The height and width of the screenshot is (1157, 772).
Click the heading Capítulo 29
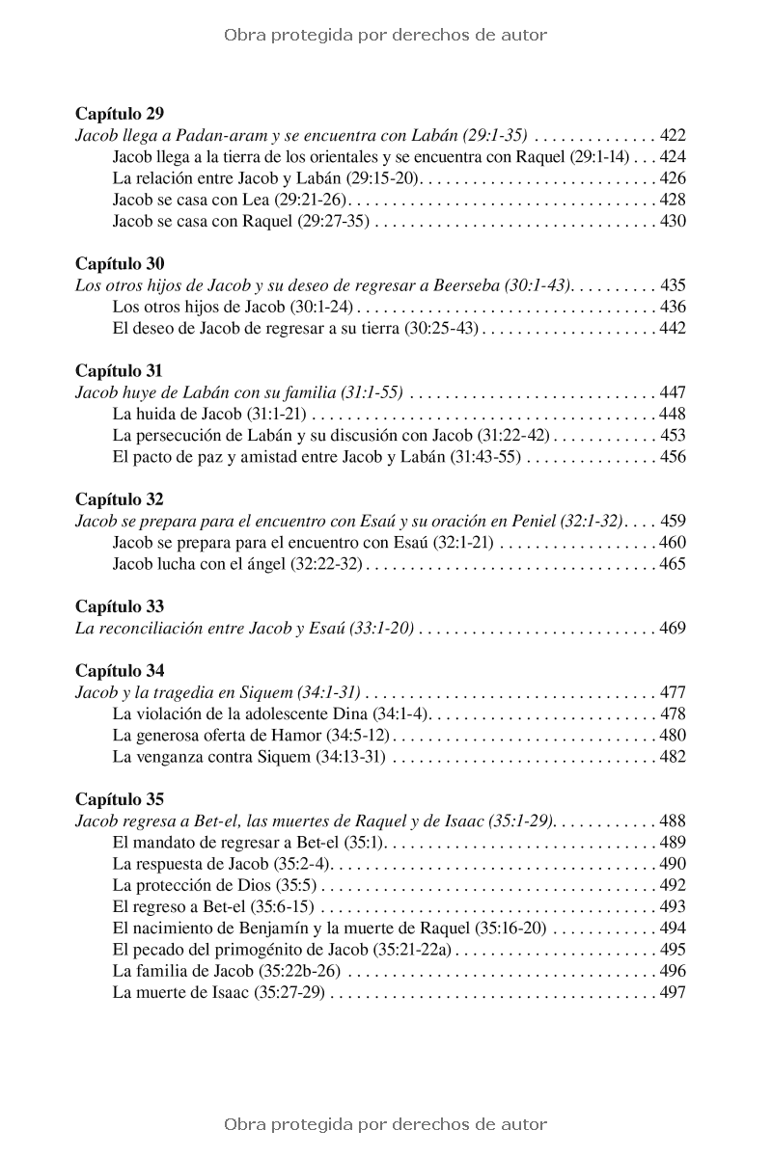click(120, 114)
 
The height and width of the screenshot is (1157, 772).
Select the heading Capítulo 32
click(120, 499)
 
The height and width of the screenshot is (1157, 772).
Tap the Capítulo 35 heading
click(120, 799)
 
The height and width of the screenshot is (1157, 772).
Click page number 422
click(673, 136)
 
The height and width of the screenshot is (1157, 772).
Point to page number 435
click(673, 285)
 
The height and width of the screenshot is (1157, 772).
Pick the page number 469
click(673, 629)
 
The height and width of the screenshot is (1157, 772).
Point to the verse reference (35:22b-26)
click(305, 971)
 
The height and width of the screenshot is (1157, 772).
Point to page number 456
click(673, 457)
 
